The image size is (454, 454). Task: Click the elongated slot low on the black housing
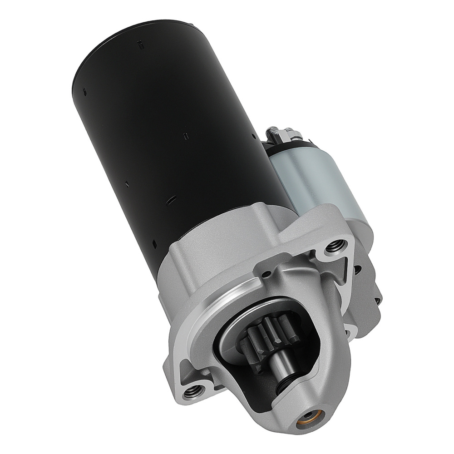pos(172,199)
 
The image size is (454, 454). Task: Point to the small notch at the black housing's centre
pos(185,135)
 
